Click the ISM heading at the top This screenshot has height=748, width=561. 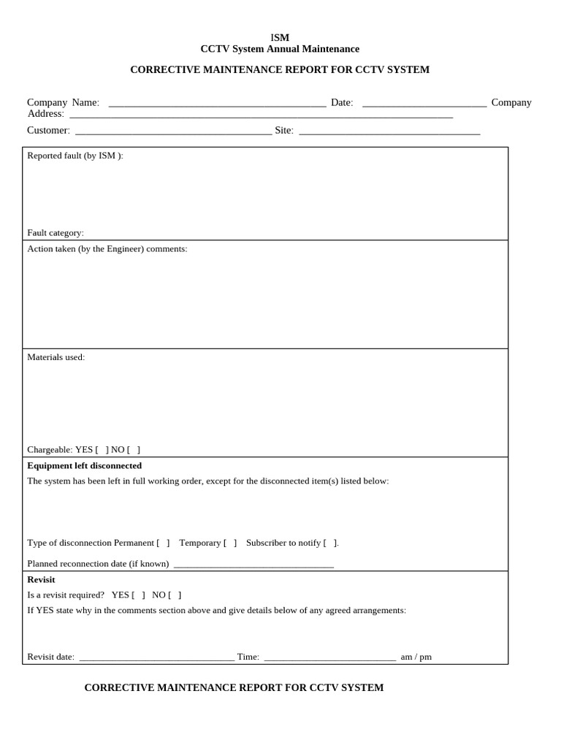point(280,37)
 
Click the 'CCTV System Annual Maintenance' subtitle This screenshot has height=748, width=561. point(280,49)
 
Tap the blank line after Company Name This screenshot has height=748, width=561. point(217,104)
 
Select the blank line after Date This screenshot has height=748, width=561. point(424,104)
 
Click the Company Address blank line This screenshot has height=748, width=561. point(261,115)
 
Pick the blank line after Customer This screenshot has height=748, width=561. point(173,131)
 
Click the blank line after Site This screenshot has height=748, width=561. point(389,131)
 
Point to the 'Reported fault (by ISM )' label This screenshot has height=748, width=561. point(75,156)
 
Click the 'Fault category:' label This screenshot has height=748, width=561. point(56,233)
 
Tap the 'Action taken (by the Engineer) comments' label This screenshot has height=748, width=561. point(107,249)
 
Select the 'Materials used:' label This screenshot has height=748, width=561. point(56,357)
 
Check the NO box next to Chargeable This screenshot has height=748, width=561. point(134,450)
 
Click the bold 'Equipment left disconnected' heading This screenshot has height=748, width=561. point(85,466)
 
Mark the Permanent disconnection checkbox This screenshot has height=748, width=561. point(163,543)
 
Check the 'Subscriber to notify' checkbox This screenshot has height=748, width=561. point(330,543)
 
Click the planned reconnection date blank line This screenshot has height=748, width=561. point(253,565)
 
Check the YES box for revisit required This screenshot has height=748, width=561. point(138,595)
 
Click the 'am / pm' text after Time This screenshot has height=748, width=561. point(416,657)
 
